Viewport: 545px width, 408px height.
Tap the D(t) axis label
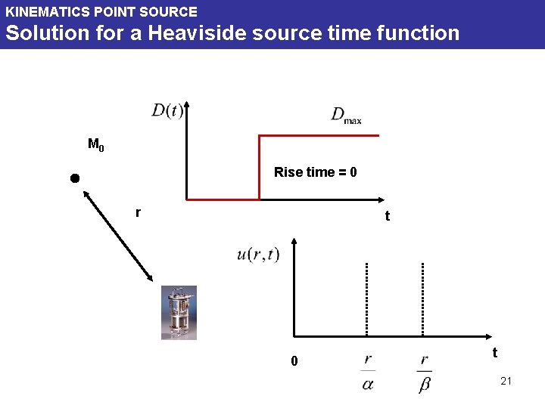point(167,112)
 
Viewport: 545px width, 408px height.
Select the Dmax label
point(346,115)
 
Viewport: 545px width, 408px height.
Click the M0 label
point(96,144)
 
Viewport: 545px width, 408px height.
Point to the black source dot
point(74,178)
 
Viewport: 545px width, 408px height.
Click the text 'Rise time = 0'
point(315,172)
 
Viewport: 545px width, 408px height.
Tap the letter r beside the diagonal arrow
point(137,212)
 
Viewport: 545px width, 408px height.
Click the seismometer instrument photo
point(179,312)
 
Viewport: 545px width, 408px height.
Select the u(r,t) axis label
point(258,255)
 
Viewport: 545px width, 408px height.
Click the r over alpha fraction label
point(368,372)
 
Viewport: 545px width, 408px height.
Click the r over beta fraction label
point(424,372)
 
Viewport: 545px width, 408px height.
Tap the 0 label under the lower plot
point(295,362)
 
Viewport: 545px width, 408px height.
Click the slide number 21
point(506,381)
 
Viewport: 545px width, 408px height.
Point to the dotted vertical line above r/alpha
point(366,298)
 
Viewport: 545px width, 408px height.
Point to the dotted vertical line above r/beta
point(422,298)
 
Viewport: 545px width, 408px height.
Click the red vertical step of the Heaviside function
point(260,167)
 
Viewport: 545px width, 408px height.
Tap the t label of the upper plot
point(387,217)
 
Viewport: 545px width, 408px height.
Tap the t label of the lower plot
point(494,353)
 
